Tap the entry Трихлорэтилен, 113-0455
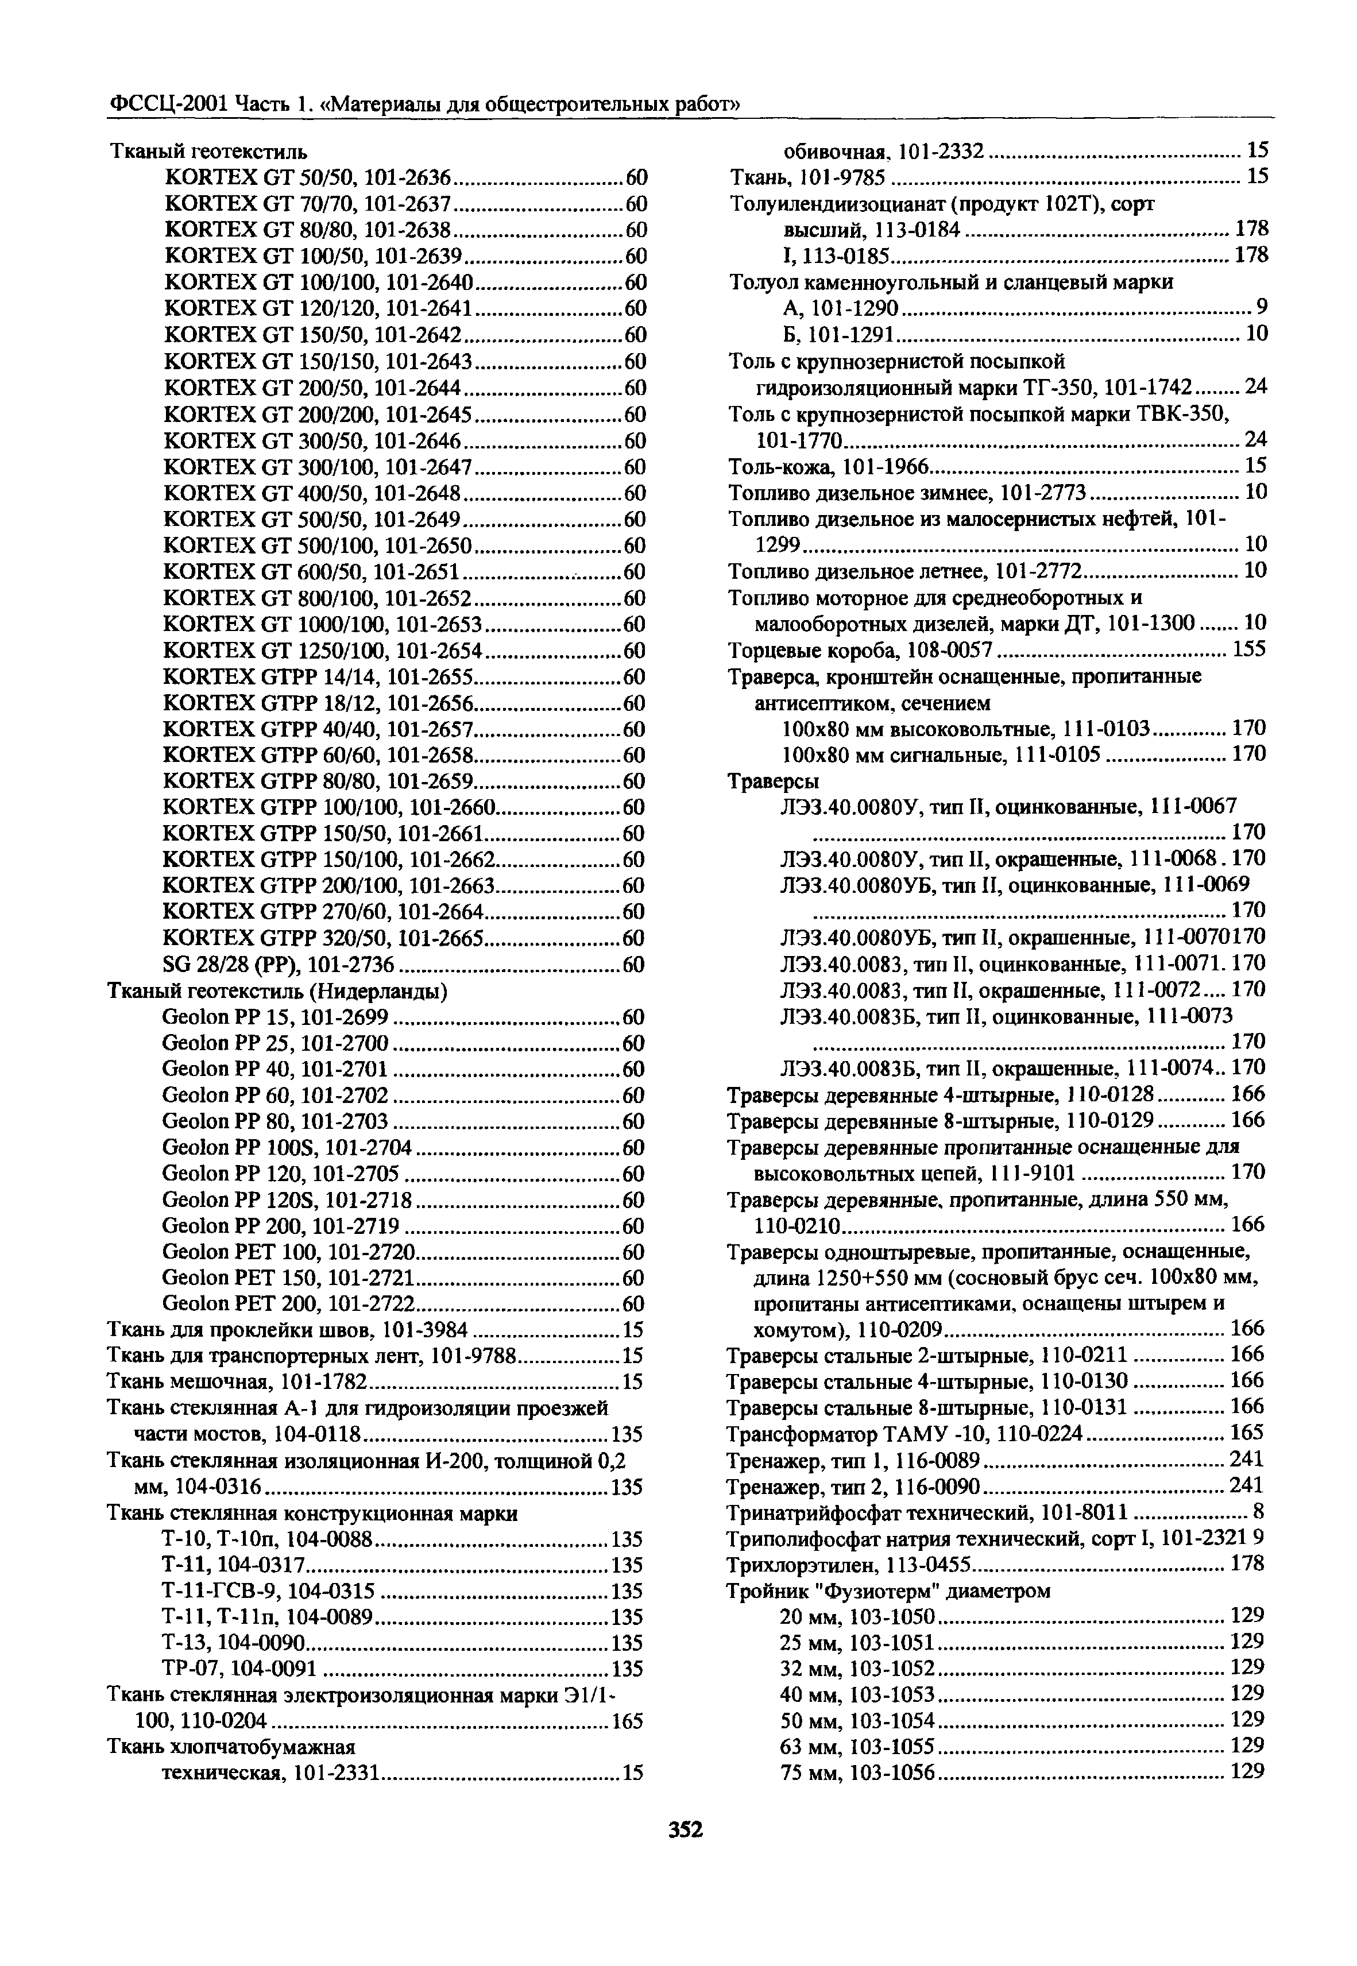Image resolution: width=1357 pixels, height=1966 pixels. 850,1564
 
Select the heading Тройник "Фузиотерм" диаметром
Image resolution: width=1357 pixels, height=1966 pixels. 888,1590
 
